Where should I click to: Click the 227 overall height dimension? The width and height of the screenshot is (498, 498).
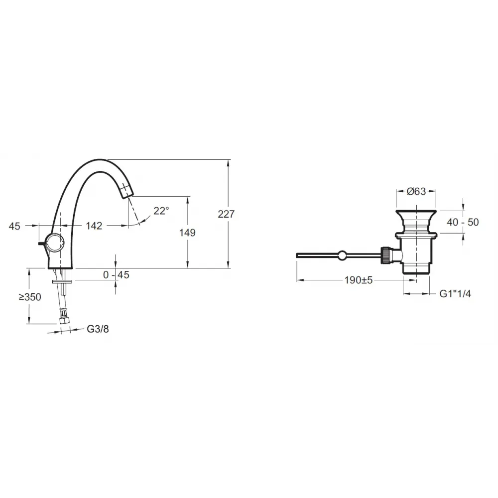click(226, 214)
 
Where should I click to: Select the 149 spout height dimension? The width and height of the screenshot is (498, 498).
click(187, 233)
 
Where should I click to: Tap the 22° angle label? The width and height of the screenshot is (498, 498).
click(161, 211)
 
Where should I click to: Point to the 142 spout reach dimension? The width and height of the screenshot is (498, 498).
click(94, 226)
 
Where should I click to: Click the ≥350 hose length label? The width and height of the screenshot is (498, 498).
click(30, 297)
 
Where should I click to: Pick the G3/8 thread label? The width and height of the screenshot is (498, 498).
click(98, 329)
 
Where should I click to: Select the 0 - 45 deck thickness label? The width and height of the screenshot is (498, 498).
click(116, 275)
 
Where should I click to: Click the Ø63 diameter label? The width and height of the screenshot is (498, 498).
click(416, 191)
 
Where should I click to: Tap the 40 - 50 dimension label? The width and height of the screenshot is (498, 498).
click(463, 222)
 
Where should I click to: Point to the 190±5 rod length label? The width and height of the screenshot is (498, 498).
click(359, 280)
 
